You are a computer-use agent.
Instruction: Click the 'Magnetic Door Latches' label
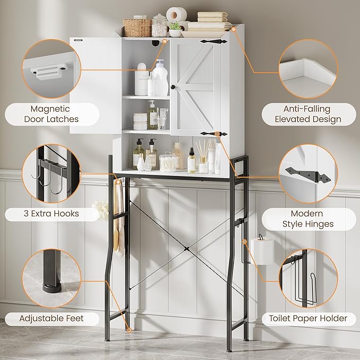click(51, 114)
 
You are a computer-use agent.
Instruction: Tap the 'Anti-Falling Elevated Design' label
click(308, 114)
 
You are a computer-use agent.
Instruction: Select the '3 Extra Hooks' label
click(51, 214)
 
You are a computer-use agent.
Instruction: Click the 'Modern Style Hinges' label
click(308, 218)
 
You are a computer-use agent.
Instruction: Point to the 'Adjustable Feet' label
click(51, 319)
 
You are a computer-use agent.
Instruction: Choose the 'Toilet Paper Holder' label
click(308, 318)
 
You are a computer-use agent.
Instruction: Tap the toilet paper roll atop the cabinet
click(176, 14)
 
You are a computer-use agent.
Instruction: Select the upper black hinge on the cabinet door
click(214, 41)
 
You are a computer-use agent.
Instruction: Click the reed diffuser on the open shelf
click(203, 159)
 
